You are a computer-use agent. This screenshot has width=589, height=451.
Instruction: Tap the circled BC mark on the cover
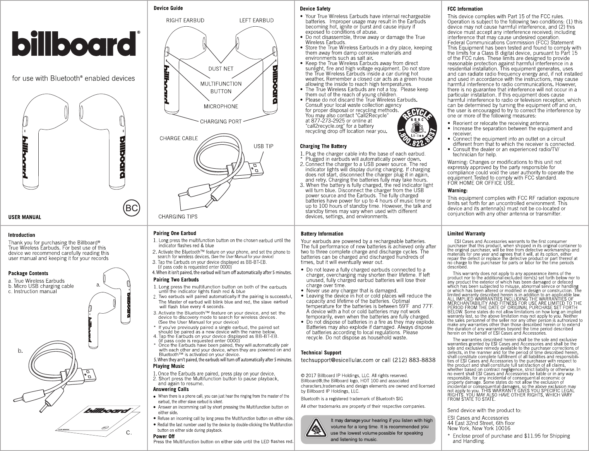click(x=132, y=208)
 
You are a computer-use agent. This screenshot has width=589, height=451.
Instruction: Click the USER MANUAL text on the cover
click(x=25, y=217)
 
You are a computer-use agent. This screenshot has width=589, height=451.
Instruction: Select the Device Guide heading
click(x=168, y=8)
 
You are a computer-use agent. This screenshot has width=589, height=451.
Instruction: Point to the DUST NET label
click(x=221, y=69)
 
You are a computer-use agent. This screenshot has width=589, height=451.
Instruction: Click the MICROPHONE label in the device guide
click(x=221, y=106)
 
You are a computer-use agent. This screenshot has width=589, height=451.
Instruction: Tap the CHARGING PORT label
click(x=221, y=121)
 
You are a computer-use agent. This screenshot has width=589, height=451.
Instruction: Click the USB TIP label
click(x=263, y=146)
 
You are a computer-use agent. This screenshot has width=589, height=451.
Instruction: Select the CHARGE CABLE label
click(x=179, y=138)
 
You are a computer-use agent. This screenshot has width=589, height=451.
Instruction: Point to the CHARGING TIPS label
click(x=178, y=217)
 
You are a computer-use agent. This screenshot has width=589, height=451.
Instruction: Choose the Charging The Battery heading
click(x=324, y=146)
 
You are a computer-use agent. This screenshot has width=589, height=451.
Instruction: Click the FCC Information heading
click(x=465, y=9)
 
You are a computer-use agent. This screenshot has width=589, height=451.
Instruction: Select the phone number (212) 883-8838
click(x=414, y=360)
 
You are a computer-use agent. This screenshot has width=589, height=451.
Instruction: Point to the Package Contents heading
click(x=28, y=273)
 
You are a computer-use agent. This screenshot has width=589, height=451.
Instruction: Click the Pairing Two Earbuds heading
click(x=176, y=280)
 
